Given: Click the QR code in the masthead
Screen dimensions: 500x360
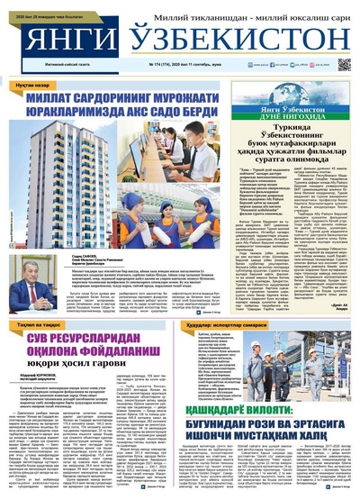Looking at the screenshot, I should coord(344,64).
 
